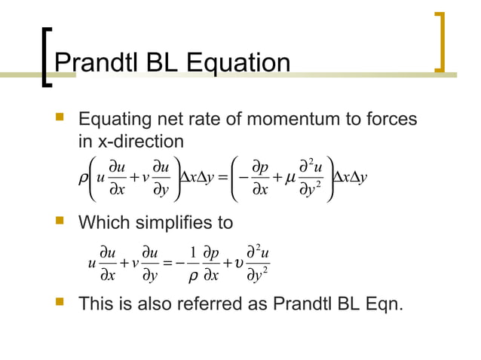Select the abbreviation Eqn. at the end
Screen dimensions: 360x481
384,306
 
